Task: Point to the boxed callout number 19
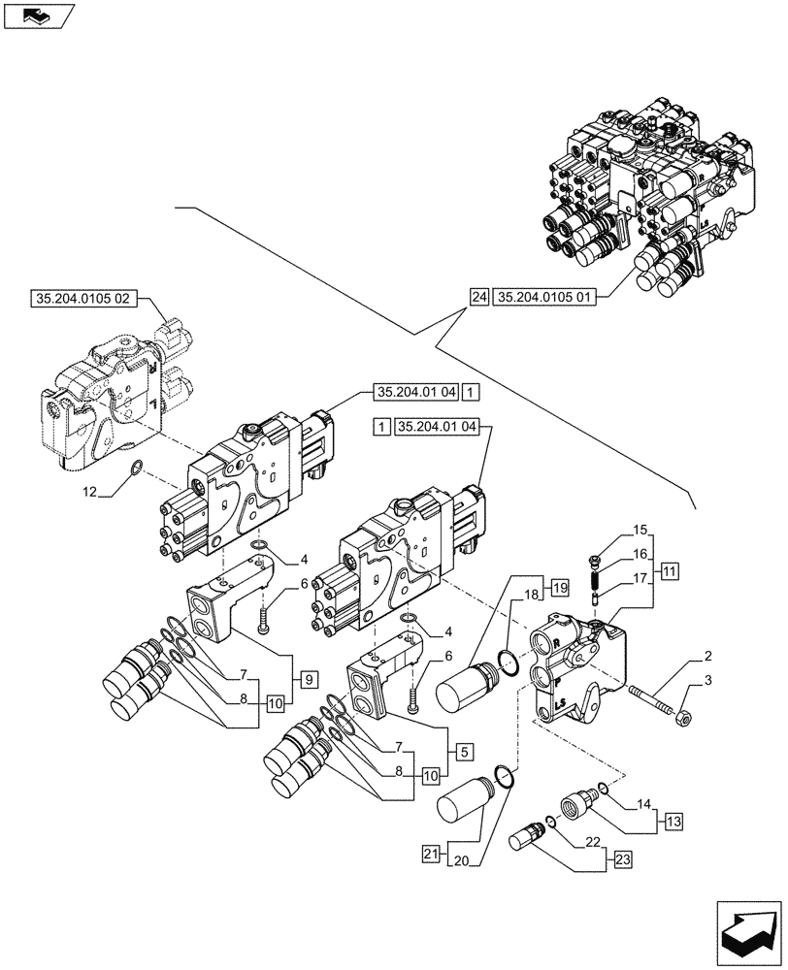[x=560, y=586]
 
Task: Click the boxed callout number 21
[x=432, y=853]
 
